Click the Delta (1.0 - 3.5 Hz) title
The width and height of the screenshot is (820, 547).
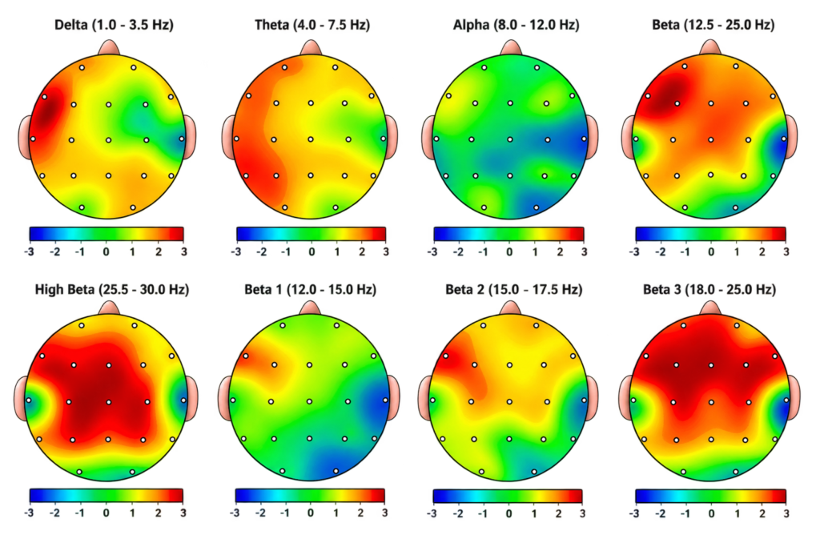[x=114, y=25]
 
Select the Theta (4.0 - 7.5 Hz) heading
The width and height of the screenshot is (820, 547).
[x=312, y=25]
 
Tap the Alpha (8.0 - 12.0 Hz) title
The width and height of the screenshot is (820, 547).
[x=517, y=25]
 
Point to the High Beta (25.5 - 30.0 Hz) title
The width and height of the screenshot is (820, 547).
[x=112, y=290]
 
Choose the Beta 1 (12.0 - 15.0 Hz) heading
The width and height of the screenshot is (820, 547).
[x=310, y=290]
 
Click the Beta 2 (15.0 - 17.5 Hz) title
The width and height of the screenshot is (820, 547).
[x=514, y=290]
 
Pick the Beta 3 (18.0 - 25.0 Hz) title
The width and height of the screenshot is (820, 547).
[x=709, y=290]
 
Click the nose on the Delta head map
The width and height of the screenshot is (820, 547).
[x=109, y=47]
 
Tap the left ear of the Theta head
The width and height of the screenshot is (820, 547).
[x=228, y=138]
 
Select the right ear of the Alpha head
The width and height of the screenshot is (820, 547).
[x=593, y=137]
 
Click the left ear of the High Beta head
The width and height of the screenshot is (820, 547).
[x=20, y=399]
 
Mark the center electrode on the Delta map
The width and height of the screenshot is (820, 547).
[x=108, y=140]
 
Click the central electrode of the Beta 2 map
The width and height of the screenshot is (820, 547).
[x=510, y=401]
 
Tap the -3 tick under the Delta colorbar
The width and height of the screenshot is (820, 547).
[x=29, y=252]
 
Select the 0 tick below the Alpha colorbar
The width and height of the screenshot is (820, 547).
[x=509, y=252]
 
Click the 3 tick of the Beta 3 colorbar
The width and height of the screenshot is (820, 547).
[x=786, y=513]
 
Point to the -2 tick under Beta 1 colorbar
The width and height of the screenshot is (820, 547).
[x=260, y=513]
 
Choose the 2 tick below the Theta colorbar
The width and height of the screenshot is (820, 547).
[x=362, y=252]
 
